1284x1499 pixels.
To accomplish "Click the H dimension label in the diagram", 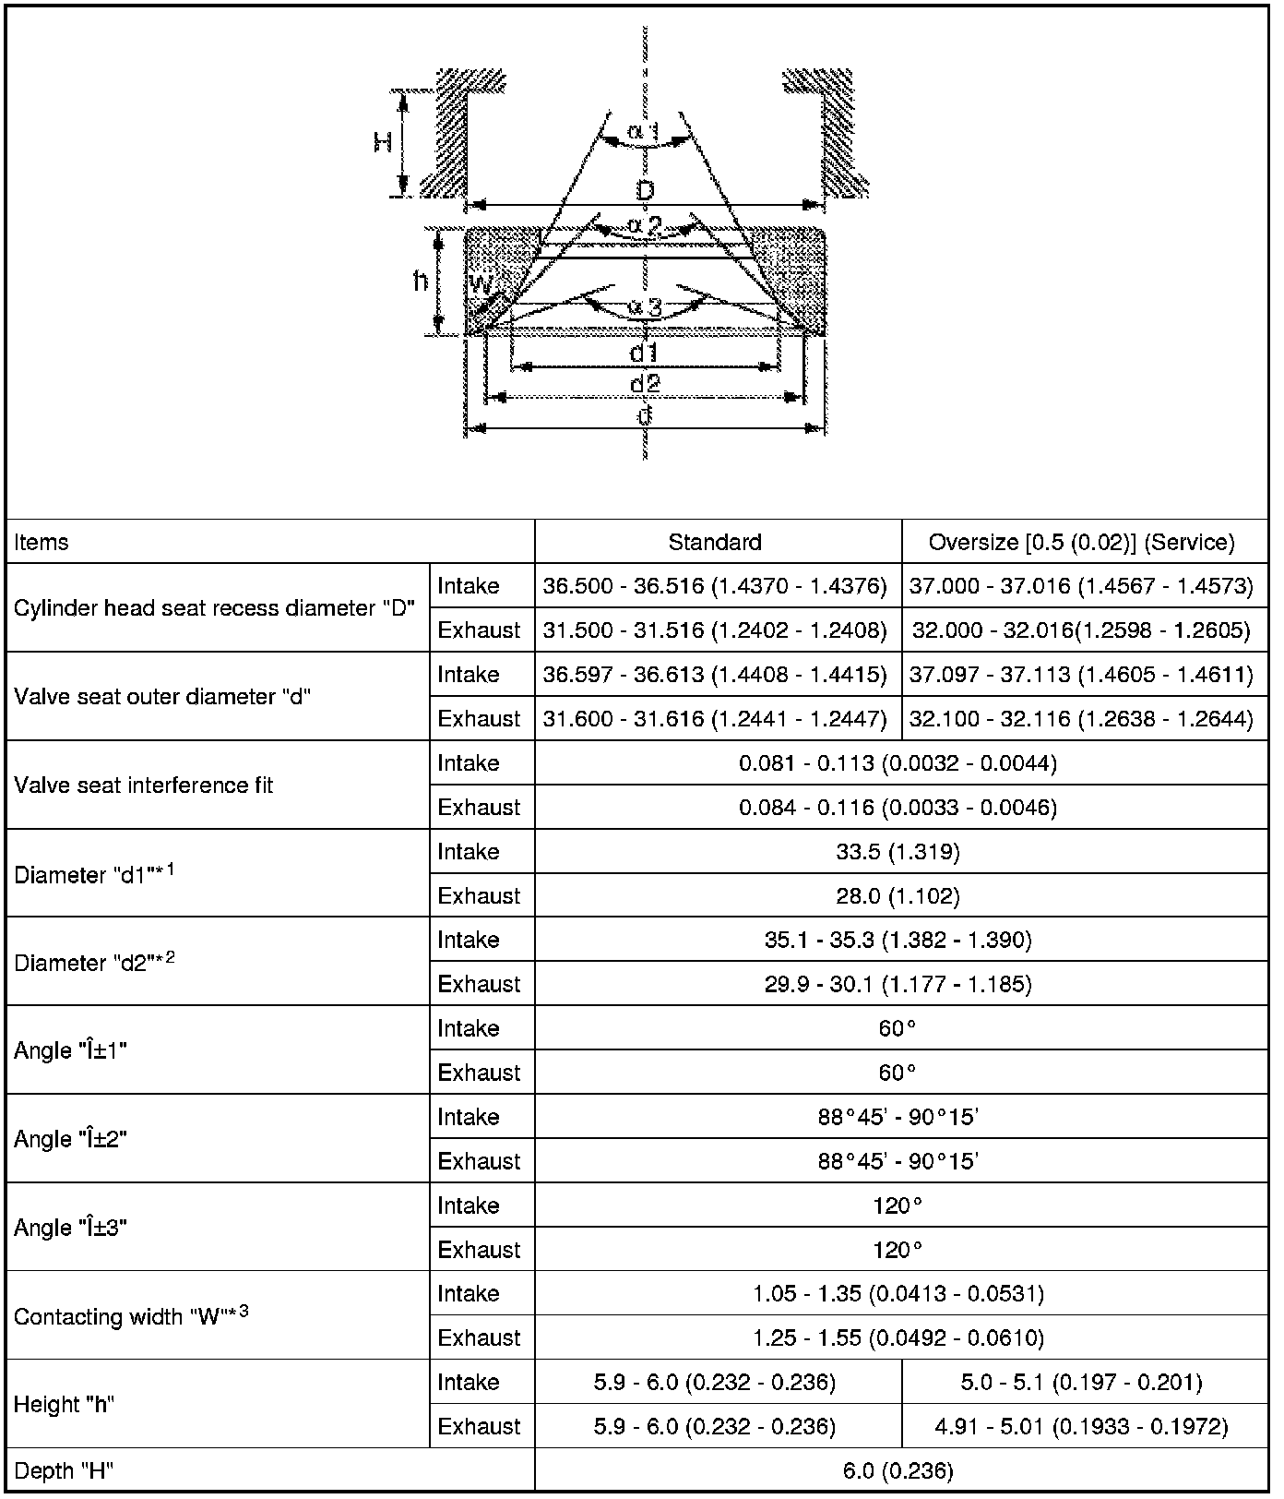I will pos(384,142).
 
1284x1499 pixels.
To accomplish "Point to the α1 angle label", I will pos(643,131).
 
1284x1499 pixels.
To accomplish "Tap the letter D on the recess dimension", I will pos(645,191).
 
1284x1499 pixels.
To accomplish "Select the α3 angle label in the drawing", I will pos(645,307).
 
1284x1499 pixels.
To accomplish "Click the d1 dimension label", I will pos(643,353).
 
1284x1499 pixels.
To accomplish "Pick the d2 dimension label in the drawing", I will pos(644,382).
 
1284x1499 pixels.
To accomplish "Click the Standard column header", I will pos(715,542).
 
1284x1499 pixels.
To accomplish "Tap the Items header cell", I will pos(42,542).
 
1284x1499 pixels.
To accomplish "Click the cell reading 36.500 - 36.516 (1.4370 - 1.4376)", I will pos(715,586).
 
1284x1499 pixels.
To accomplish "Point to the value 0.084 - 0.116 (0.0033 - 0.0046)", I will pos(898,808).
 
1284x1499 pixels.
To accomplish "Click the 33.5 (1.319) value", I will pos(898,852).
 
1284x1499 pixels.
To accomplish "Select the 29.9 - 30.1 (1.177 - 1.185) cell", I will pos(898,985).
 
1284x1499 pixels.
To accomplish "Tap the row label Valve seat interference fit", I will pos(144,785).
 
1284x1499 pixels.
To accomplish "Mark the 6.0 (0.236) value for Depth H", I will pos(898,1471).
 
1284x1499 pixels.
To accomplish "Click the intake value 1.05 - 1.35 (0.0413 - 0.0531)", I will pos(898,1294).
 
